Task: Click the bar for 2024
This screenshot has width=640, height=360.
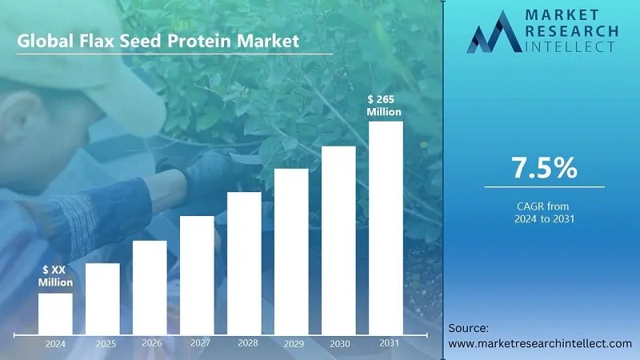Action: pyautogui.click(x=55, y=313)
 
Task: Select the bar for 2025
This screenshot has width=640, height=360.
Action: pyautogui.click(x=102, y=298)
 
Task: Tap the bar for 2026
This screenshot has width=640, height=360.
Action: pyautogui.click(x=150, y=286)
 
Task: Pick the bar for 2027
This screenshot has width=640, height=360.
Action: pyautogui.click(x=197, y=274)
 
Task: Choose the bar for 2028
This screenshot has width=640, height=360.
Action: pyautogui.click(x=244, y=262)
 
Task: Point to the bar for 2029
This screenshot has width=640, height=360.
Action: pyautogui.click(x=291, y=250)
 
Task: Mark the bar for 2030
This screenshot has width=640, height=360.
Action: pyautogui.click(x=338, y=239)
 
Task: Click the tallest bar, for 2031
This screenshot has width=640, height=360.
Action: pyautogui.click(x=386, y=227)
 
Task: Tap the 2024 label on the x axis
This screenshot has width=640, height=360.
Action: pyautogui.click(x=55, y=344)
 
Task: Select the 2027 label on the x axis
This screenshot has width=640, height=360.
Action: pyautogui.click(x=200, y=342)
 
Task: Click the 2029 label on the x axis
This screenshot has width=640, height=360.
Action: pyautogui.click(x=294, y=344)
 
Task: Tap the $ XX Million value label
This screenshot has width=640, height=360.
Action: pyautogui.click(x=56, y=277)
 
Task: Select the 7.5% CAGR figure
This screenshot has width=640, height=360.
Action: pyautogui.click(x=544, y=168)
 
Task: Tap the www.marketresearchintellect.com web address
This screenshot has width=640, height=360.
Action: pyautogui.click(x=540, y=343)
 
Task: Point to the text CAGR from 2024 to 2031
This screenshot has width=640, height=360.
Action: pyautogui.click(x=544, y=212)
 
